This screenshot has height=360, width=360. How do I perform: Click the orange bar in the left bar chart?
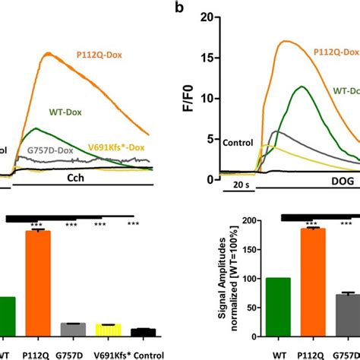coord(38,283)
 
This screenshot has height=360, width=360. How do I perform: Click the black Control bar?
coord(142,331)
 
